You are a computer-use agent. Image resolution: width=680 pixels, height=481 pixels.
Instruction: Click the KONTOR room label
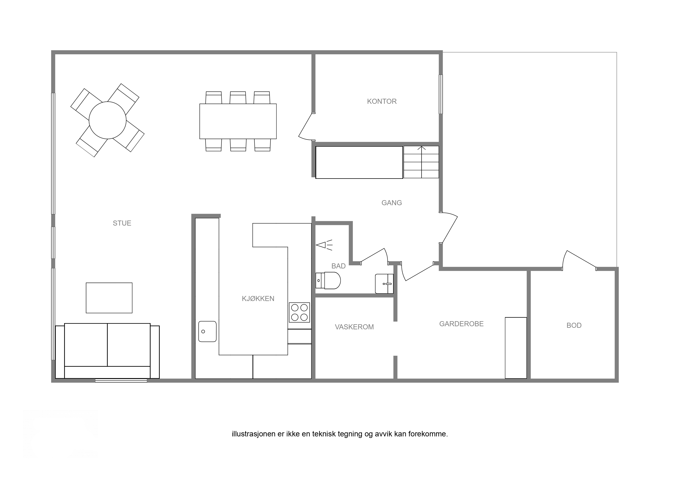click(382, 101)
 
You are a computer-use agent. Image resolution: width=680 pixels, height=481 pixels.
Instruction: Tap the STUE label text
click(122, 223)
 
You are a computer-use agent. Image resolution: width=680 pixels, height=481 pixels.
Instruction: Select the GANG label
click(392, 203)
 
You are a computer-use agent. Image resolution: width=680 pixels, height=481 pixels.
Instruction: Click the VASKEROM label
click(354, 327)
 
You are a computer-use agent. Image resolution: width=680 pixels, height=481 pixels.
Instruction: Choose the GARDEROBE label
click(461, 324)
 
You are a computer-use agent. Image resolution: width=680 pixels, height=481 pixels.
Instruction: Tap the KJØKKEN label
click(258, 299)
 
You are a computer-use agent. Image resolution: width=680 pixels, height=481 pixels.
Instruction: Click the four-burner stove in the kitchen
click(299, 312)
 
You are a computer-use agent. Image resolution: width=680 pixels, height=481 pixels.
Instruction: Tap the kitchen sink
click(207, 331)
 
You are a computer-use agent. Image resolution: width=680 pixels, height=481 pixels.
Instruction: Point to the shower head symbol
click(324, 245)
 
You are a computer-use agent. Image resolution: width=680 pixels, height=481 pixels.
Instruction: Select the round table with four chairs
click(108, 120)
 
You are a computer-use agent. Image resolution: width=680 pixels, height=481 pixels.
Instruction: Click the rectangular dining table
click(238, 121)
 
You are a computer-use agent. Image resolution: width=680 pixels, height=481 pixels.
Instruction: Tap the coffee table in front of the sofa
click(109, 298)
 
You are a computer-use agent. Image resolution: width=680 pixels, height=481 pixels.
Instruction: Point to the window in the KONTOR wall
click(441, 94)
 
